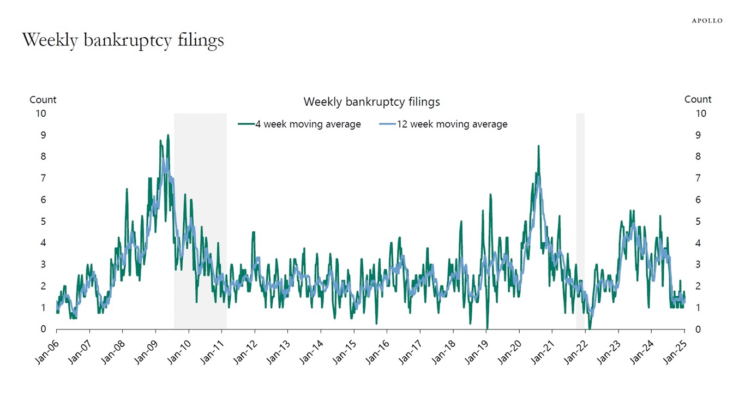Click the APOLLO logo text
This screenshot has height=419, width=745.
coord(707,21)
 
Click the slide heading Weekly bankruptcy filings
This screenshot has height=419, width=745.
coord(123,40)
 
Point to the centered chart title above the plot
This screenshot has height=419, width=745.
coord(371,101)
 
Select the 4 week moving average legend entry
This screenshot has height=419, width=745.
coord(300,124)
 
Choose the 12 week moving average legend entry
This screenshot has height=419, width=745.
coord(443,124)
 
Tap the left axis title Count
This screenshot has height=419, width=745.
coord(43,100)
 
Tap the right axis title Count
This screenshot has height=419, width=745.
coord(698,99)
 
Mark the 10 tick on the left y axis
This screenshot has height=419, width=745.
coord(41,113)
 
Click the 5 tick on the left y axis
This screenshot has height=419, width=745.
coord(43,222)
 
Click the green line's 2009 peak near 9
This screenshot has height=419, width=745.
coord(168,135)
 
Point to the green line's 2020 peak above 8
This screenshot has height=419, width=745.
coord(538,146)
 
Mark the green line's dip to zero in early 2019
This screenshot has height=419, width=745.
coord(487,328)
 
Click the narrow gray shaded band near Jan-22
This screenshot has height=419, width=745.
coord(580,218)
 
